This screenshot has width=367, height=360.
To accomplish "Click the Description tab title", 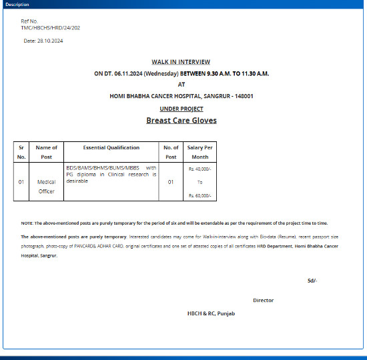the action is [x=17, y=5].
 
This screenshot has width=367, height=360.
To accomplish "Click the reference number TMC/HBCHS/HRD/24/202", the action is [x=51, y=27].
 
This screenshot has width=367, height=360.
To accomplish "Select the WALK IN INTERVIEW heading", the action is [x=181, y=61].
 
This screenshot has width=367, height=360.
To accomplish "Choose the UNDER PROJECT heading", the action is [x=181, y=108].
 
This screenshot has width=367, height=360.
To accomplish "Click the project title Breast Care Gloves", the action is [x=181, y=121].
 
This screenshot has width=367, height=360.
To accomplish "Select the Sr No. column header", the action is [x=21, y=152].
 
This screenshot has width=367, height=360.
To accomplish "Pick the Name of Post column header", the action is [x=46, y=152].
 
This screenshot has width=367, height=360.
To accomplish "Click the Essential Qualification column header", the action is [x=111, y=147].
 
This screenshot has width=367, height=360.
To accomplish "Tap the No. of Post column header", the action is [x=171, y=152].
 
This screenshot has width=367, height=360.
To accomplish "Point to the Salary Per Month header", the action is [x=200, y=152].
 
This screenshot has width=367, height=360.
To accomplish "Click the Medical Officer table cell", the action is [x=46, y=186].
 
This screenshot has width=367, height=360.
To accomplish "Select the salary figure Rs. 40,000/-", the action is [x=200, y=169].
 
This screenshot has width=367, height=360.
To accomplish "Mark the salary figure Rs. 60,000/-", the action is [x=200, y=195].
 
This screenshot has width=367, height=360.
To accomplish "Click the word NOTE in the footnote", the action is [x=27, y=223].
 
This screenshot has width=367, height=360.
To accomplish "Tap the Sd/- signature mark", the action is [x=312, y=280].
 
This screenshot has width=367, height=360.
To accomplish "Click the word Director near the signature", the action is [x=263, y=300].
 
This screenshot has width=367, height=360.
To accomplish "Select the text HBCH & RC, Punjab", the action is [x=211, y=313].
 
